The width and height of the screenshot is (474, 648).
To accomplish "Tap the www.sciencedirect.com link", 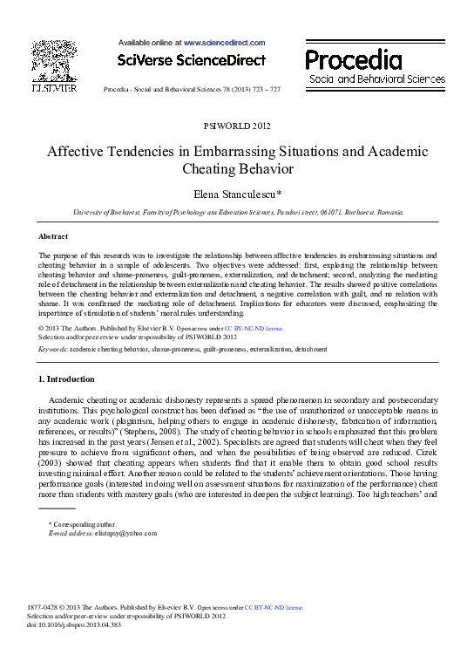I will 224,41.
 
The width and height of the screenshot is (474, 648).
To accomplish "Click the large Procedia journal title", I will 354,59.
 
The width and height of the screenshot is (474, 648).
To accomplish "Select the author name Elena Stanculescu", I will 237,194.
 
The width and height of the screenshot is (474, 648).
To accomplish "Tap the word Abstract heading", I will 53,236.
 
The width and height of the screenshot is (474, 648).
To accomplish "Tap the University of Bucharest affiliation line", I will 237,212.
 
